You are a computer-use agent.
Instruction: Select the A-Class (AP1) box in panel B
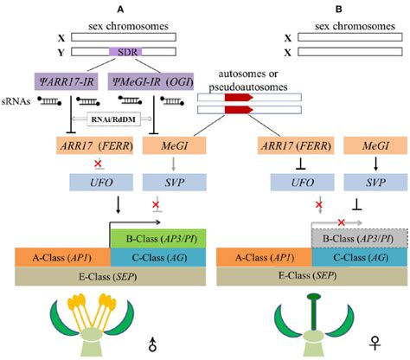[262, 258]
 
